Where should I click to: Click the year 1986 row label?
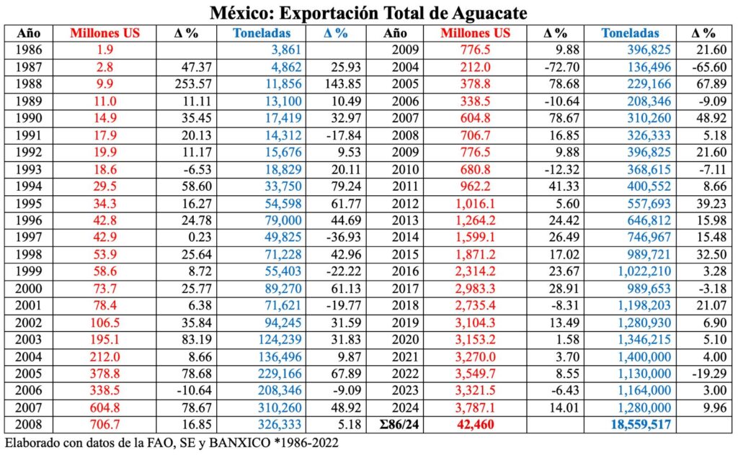[29, 50]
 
